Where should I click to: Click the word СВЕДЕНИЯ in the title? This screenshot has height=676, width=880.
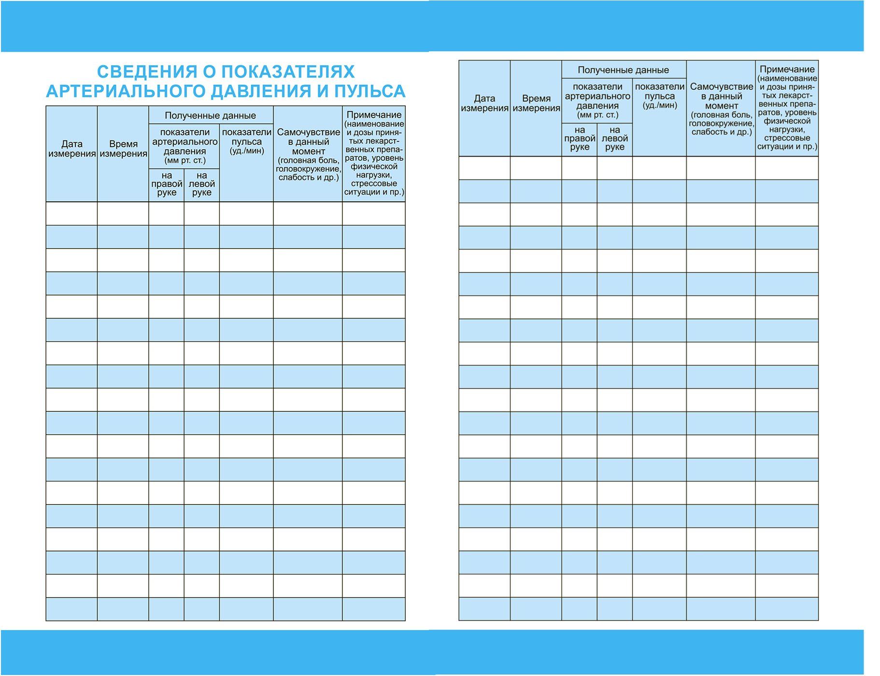(x=146, y=71)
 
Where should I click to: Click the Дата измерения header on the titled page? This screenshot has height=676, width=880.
(x=71, y=149)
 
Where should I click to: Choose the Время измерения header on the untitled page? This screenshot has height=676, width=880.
(x=536, y=103)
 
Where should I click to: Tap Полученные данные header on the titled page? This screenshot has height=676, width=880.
(x=210, y=115)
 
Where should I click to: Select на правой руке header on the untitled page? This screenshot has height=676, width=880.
(x=580, y=139)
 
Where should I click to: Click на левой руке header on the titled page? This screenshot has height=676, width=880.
(x=202, y=184)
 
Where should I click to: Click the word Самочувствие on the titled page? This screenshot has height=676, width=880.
(x=308, y=132)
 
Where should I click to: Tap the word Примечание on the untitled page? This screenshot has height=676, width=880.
(x=787, y=70)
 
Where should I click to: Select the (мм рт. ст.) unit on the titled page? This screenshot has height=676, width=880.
(x=185, y=160)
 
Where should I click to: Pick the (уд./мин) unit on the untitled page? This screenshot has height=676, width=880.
(x=659, y=105)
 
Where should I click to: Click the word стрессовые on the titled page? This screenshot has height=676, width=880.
(x=374, y=183)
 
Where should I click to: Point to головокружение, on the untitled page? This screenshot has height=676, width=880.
(x=721, y=124)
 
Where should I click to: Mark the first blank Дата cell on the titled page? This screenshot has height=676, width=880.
(x=71, y=213)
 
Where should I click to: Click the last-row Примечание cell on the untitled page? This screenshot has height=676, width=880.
(x=787, y=609)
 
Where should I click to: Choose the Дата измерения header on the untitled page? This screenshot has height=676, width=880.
(x=484, y=103)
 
